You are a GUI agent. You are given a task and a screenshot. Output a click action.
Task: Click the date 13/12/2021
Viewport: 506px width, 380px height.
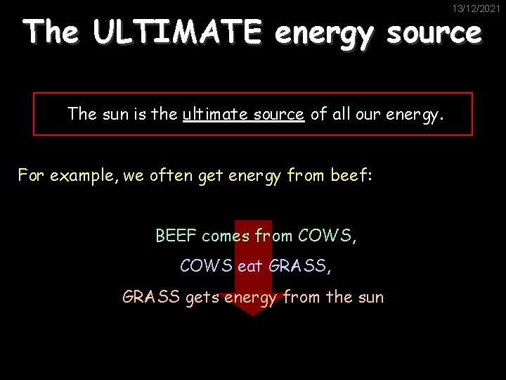(476, 9)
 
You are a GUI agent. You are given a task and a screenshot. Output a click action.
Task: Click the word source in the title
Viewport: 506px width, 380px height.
(434, 32)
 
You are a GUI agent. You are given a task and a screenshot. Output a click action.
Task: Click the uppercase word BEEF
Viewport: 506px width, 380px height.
(176, 236)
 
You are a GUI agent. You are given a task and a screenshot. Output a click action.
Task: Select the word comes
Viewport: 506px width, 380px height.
(227, 236)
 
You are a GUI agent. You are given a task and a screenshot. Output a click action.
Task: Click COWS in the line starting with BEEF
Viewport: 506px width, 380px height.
(327, 236)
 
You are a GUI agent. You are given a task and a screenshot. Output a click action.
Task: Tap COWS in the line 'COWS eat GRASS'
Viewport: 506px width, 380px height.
(207, 266)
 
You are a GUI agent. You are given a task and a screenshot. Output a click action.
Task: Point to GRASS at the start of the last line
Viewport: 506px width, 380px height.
(151, 297)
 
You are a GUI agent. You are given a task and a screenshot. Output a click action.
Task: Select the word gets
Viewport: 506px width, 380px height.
(202, 297)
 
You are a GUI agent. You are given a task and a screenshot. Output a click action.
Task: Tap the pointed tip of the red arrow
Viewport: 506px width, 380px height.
(253, 315)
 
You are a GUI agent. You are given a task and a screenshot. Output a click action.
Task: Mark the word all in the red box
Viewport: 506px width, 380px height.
(342, 114)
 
